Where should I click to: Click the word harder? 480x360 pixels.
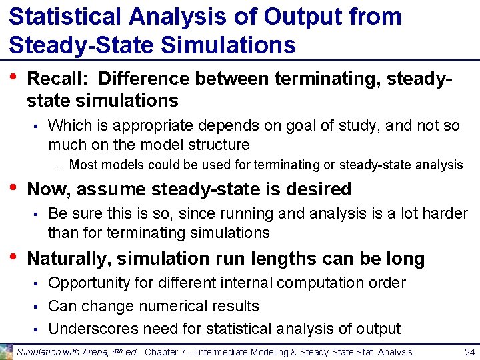pyautogui.click(x=445, y=213)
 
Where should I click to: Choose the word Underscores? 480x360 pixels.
pyautogui.click(x=91, y=329)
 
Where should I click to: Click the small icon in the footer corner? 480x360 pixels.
pyautogui.click(x=7, y=351)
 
